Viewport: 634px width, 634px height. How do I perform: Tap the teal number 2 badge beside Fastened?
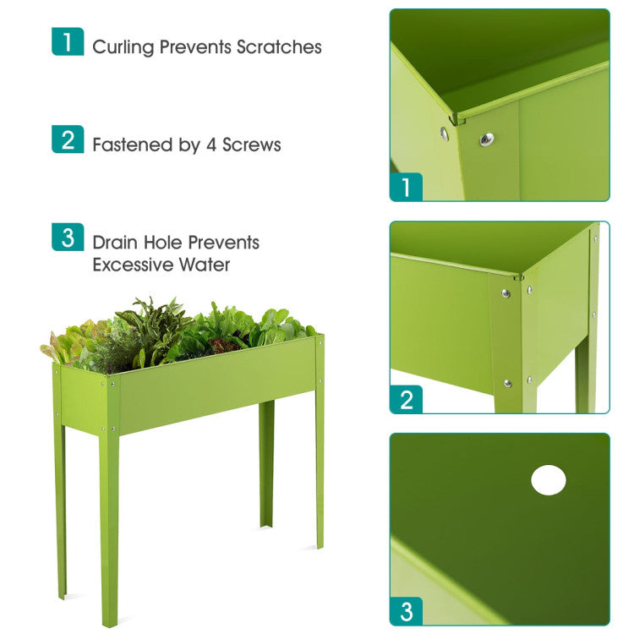[x=68, y=139]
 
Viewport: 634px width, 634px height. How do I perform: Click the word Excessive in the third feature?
[x=133, y=265]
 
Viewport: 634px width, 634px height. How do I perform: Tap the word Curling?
[x=123, y=47]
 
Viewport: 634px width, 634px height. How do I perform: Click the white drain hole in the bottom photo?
[x=548, y=480]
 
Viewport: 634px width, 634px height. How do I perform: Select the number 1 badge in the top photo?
[x=407, y=186]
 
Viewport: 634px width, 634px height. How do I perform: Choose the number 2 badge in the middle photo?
[x=407, y=398]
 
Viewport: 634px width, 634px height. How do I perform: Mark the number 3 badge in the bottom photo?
[x=407, y=610]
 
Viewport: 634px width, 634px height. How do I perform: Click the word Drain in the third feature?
[x=115, y=243]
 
